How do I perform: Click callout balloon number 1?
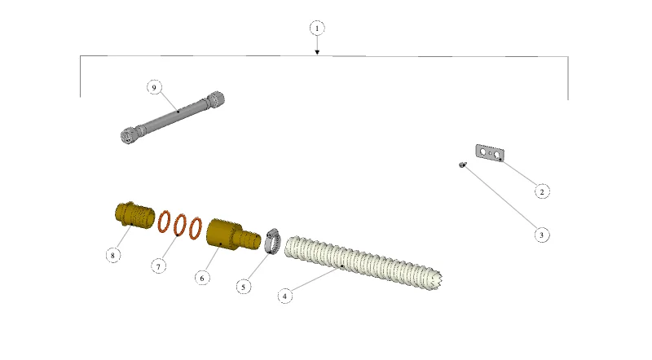click(317, 29)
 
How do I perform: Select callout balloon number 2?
click(541, 191)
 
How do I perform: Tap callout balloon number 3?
click(541, 235)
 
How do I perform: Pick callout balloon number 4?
click(284, 296)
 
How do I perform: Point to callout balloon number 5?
click(244, 287)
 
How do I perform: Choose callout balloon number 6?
click(202, 278)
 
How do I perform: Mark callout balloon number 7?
click(158, 266)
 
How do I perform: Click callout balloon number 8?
click(112, 255)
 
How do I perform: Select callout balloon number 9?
click(154, 87)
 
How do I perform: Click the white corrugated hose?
click(363, 262)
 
